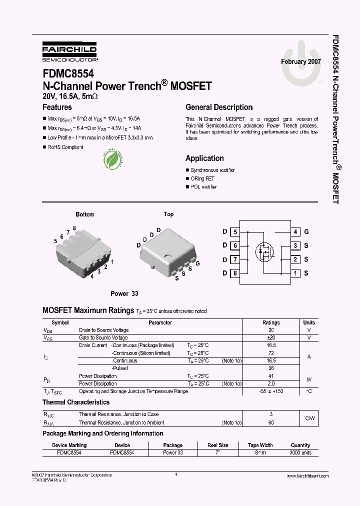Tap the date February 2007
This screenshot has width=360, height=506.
[300, 61]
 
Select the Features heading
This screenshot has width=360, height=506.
[57, 107]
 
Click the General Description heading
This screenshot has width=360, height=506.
[219, 107]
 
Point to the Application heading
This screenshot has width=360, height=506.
[204, 158]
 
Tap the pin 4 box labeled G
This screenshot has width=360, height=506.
[296, 231]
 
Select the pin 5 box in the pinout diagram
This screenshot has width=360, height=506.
[235, 231]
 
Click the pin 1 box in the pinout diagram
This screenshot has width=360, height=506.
[296, 273]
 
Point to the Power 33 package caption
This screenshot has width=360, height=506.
[124, 293]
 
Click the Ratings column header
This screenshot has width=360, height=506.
[271, 322]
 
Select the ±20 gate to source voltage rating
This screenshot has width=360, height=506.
[271, 338]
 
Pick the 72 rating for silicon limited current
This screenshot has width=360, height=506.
[271, 353]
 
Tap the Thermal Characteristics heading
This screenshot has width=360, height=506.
[76, 402]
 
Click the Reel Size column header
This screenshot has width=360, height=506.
[218, 445]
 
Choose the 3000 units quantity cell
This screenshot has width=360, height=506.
[300, 452]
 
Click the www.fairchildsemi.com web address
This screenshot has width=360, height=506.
[307, 476]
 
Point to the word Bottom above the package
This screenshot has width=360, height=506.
[85, 214]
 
